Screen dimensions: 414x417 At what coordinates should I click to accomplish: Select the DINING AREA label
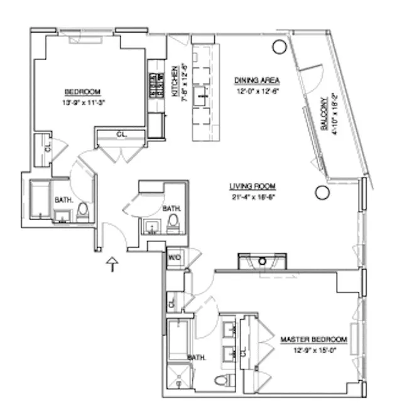click(257, 80)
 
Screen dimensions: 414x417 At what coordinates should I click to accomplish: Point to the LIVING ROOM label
click(252, 186)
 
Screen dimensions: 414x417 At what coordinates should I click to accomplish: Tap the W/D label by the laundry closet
click(174, 257)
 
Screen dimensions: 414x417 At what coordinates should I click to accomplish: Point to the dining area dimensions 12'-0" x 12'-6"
click(257, 90)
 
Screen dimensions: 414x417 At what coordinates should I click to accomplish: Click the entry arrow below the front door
click(112, 265)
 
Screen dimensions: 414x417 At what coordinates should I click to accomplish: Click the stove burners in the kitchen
click(154, 86)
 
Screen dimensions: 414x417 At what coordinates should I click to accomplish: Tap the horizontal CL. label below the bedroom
click(121, 134)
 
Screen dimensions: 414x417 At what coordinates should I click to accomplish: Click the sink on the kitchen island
click(202, 95)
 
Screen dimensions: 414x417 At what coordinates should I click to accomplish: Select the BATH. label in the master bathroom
click(197, 357)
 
